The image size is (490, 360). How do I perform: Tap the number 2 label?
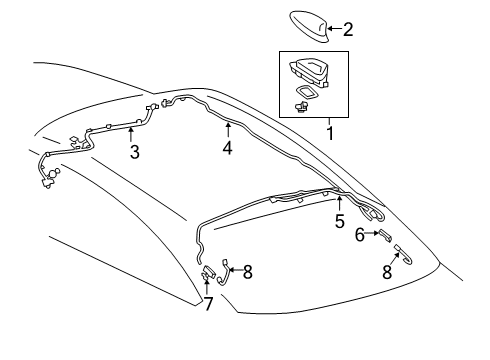click(x=348, y=30)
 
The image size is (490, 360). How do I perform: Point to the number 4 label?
click(x=228, y=148)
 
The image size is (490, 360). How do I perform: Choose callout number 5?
click(x=339, y=221)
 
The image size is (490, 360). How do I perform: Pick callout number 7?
click(x=208, y=303)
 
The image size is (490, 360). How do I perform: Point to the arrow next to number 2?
click(x=335, y=30)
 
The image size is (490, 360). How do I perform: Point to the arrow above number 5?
click(x=339, y=203)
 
